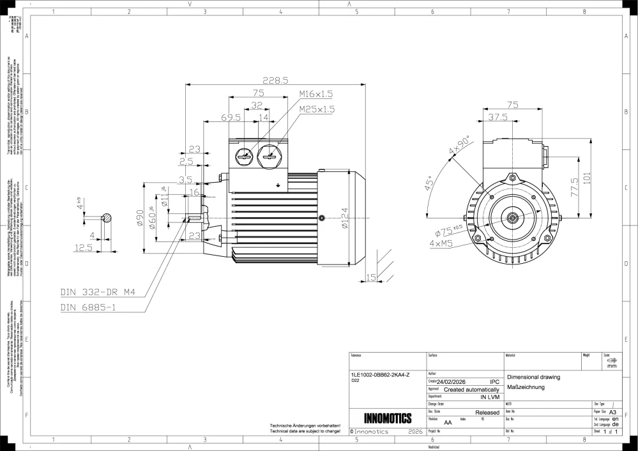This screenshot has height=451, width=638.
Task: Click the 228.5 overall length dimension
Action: pyautogui.click(x=277, y=80)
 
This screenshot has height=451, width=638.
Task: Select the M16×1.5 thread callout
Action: pyautogui.click(x=316, y=95)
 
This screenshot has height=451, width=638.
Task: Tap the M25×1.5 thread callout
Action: pyautogui.click(x=316, y=109)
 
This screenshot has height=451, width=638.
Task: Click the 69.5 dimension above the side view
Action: pyautogui.click(x=231, y=118)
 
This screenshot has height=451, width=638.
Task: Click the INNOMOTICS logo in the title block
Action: pyautogui.click(x=387, y=419)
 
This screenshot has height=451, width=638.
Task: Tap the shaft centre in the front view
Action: pyautogui.click(x=512, y=218)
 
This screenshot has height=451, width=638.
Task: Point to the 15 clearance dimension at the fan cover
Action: pyautogui.click(x=371, y=277)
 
